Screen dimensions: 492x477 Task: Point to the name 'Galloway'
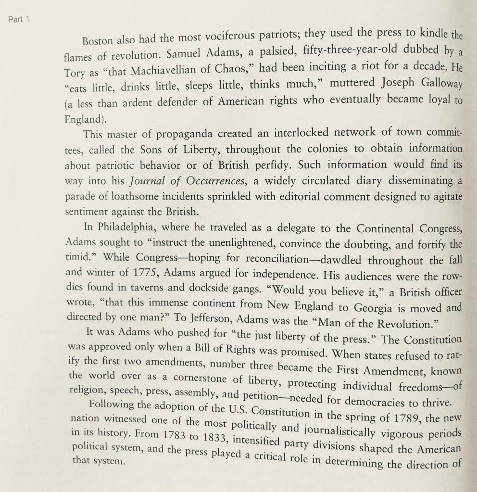pyautogui.click(x=439, y=85)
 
